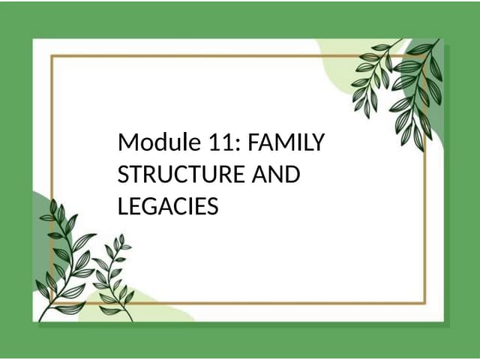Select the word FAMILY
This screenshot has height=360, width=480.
point(288,142)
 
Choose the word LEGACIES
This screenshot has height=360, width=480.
point(168,205)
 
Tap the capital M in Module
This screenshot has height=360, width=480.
point(127,142)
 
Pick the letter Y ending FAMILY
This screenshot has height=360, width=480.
point(321,142)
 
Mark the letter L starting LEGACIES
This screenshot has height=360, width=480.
point(123,205)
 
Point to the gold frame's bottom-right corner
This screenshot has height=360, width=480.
point(426,303)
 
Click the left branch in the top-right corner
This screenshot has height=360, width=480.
point(375,79)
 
